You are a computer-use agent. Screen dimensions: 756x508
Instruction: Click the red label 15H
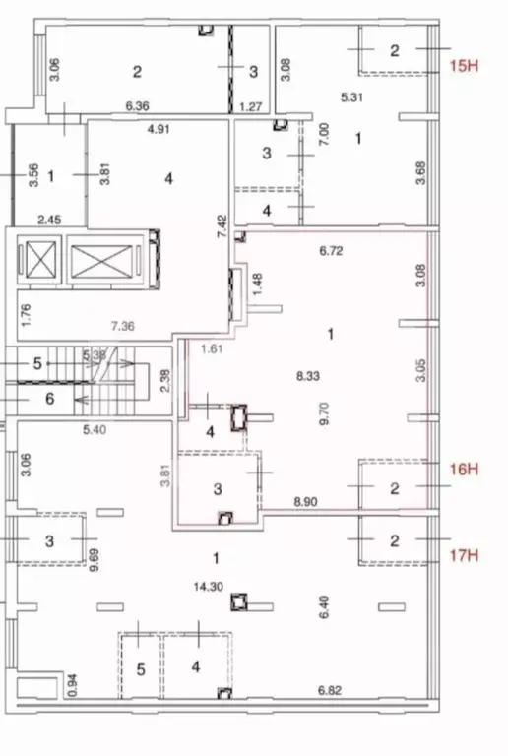463,66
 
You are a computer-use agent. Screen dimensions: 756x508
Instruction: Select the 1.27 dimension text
253,106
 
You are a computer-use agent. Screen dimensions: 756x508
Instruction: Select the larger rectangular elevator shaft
99,262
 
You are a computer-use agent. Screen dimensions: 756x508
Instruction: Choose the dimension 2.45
50,220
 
